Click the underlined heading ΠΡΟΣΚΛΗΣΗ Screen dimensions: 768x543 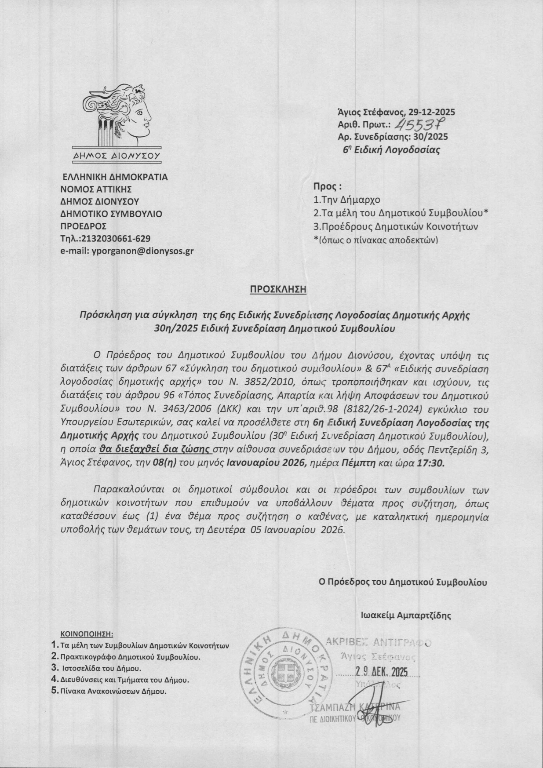[x=277, y=289]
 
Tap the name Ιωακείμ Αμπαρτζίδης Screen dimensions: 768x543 [x=406, y=615]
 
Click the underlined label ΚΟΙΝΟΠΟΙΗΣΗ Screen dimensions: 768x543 [x=86, y=634]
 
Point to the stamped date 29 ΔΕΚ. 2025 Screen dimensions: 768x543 [x=381, y=672]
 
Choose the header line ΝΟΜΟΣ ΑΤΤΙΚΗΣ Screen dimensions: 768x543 [x=96, y=189]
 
